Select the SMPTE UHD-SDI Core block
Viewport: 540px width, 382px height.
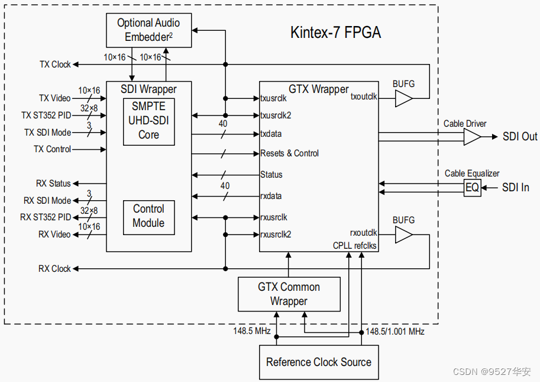pyautogui.click(x=148, y=121)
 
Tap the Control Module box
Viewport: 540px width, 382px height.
pyautogui.click(x=148, y=216)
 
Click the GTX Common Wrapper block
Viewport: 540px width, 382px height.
pyautogui.click(x=289, y=294)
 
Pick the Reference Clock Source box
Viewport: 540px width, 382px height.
pyautogui.click(x=318, y=362)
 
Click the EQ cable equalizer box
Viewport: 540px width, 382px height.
pyautogui.click(x=472, y=188)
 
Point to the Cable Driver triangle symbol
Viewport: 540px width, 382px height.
pyautogui.click(x=471, y=137)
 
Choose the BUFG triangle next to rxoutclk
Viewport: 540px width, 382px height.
pyautogui.click(x=403, y=235)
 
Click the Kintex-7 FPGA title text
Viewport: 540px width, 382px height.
pyautogui.click(x=335, y=32)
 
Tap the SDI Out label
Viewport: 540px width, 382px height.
pyautogui.click(x=520, y=137)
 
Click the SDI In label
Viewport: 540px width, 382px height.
pyautogui.click(x=516, y=188)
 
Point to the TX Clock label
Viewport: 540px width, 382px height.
pyautogui.click(x=55, y=65)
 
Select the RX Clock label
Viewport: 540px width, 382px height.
pyautogui.click(x=54, y=269)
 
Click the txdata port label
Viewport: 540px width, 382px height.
pyautogui.click(x=271, y=134)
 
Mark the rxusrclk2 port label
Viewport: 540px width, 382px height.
pyautogui.click(x=276, y=235)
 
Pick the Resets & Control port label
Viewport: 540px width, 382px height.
pyautogui.click(x=289, y=153)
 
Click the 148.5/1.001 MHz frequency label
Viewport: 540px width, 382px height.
pyautogui.click(x=395, y=332)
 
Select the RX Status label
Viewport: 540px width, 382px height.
pyautogui.click(x=51, y=184)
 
